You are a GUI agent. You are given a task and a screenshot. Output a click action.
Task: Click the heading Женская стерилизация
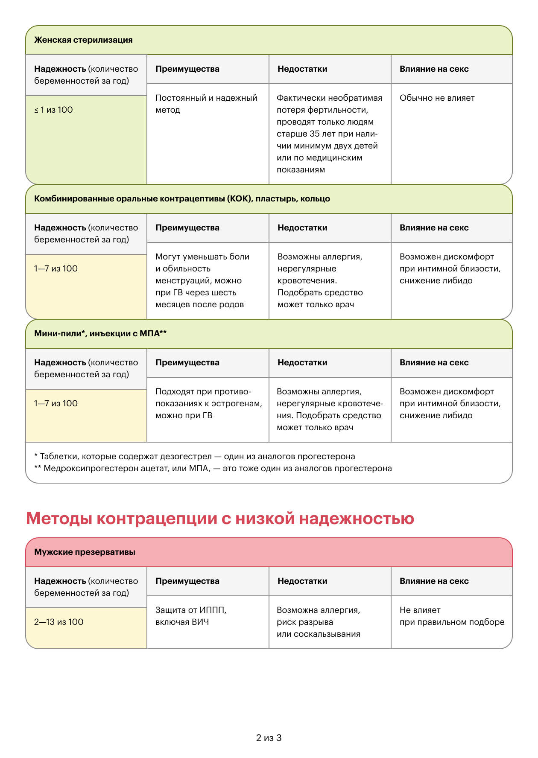point(83,40)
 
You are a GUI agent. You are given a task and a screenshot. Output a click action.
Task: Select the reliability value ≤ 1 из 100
point(53,110)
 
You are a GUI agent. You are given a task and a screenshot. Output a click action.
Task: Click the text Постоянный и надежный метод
point(206,104)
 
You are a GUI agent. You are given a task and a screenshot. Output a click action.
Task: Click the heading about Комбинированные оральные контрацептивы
point(182,199)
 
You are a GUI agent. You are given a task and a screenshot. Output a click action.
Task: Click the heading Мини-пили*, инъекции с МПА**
point(100,334)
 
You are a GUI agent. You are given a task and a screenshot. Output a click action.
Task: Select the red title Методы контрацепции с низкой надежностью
point(220,519)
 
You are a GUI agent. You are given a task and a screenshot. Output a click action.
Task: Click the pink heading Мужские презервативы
point(85,552)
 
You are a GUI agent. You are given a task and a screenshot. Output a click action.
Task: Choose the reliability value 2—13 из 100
point(58,622)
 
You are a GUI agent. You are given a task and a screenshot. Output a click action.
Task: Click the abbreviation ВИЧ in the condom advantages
point(200,622)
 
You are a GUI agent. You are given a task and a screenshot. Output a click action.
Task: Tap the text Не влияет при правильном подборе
point(452,616)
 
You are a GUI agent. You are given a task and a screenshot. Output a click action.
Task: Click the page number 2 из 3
point(269,738)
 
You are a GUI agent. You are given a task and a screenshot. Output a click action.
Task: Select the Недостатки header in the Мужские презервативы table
point(302,581)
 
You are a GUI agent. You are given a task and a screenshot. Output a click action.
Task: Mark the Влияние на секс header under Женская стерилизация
point(434,69)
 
